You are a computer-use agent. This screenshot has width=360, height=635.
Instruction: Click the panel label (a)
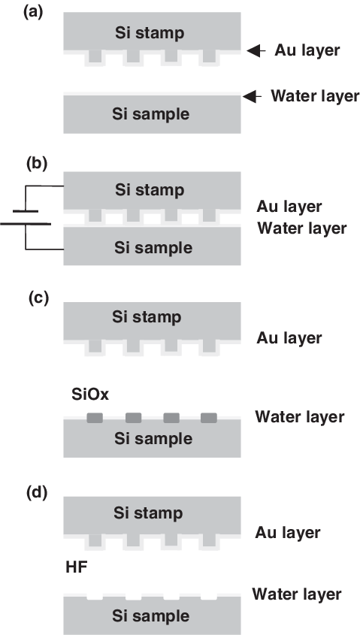tap(33, 13)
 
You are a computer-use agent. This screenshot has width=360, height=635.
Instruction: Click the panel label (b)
tap(37, 163)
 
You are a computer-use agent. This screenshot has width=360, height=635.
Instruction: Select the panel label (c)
tap(38, 298)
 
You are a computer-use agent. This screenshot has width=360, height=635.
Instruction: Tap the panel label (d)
tap(37, 492)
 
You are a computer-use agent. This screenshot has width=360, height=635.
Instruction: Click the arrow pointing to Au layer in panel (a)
tap(256, 50)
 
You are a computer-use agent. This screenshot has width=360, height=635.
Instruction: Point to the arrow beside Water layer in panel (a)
tap(252, 96)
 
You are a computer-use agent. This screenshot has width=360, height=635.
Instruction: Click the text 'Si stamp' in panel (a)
tap(150, 33)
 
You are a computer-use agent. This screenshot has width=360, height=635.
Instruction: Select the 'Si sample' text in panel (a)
tap(150, 113)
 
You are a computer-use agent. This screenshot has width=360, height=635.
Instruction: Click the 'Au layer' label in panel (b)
tap(289, 207)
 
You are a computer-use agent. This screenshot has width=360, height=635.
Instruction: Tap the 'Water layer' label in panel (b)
tap(302, 228)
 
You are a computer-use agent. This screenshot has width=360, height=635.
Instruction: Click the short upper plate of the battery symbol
tap(26, 211)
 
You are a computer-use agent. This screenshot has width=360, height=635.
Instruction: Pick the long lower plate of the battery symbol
tap(26, 223)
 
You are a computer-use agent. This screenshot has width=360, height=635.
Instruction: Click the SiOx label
tap(90, 394)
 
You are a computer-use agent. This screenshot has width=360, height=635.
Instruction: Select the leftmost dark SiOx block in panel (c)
tap(95, 418)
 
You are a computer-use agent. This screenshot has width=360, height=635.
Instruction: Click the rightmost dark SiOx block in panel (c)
tap(209, 418)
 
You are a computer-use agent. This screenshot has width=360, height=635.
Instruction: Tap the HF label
tap(77, 568)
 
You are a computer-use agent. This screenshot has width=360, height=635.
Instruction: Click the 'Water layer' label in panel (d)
tap(297, 594)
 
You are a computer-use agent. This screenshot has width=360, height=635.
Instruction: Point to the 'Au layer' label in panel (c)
tap(289, 337)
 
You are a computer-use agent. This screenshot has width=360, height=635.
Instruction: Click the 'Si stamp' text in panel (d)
tap(148, 513)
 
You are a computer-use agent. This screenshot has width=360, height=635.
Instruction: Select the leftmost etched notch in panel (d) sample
tap(95, 597)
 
